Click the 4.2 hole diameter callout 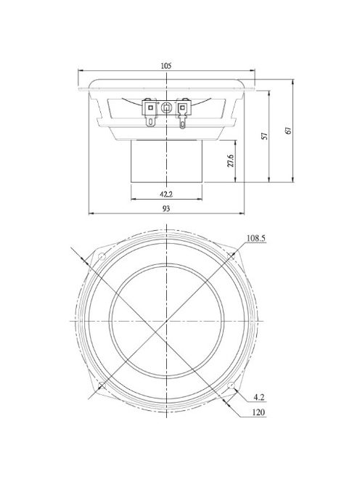click(259, 397)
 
